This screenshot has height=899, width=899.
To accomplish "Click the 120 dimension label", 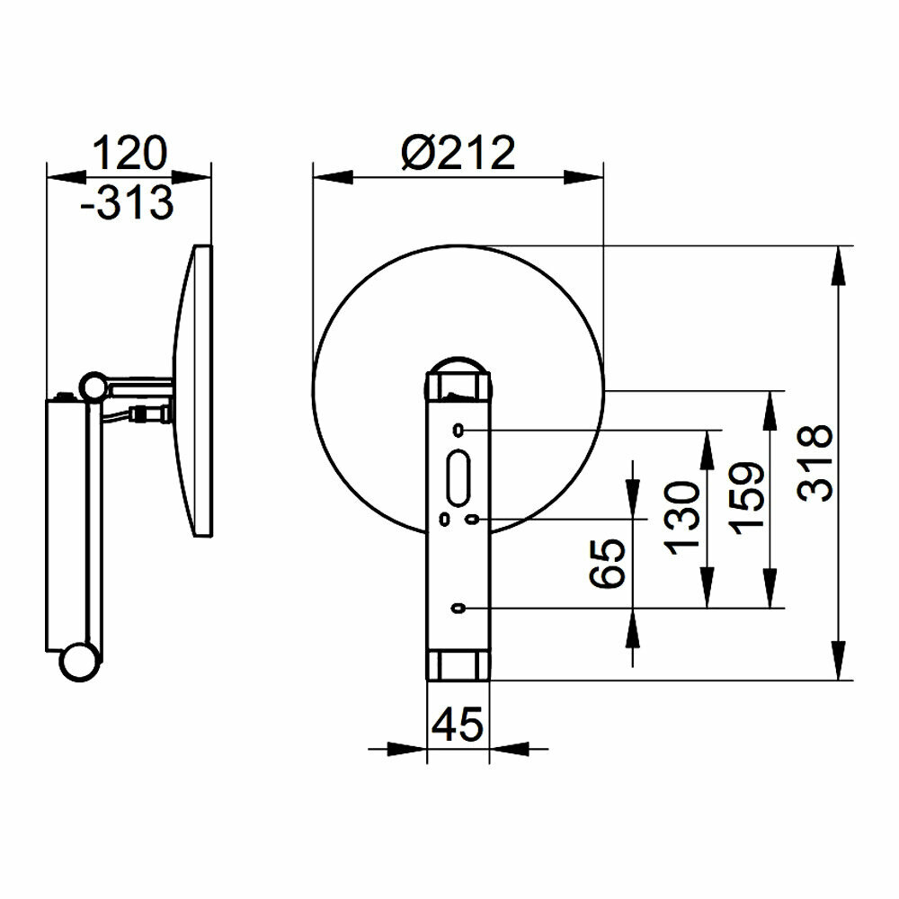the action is point(129,154).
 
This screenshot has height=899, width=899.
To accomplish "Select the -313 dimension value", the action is point(127,202).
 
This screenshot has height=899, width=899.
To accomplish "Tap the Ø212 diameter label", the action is point(458,153).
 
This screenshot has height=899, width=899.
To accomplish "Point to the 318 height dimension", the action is point(814,463).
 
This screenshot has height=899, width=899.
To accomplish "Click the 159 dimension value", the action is point(746,498).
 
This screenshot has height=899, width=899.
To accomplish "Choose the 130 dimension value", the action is point(682,519).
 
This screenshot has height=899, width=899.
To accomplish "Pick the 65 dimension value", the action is point(607,564).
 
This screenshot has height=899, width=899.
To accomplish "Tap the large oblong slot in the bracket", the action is point(458,477).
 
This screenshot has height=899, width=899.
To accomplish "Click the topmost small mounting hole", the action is point(458,430).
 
